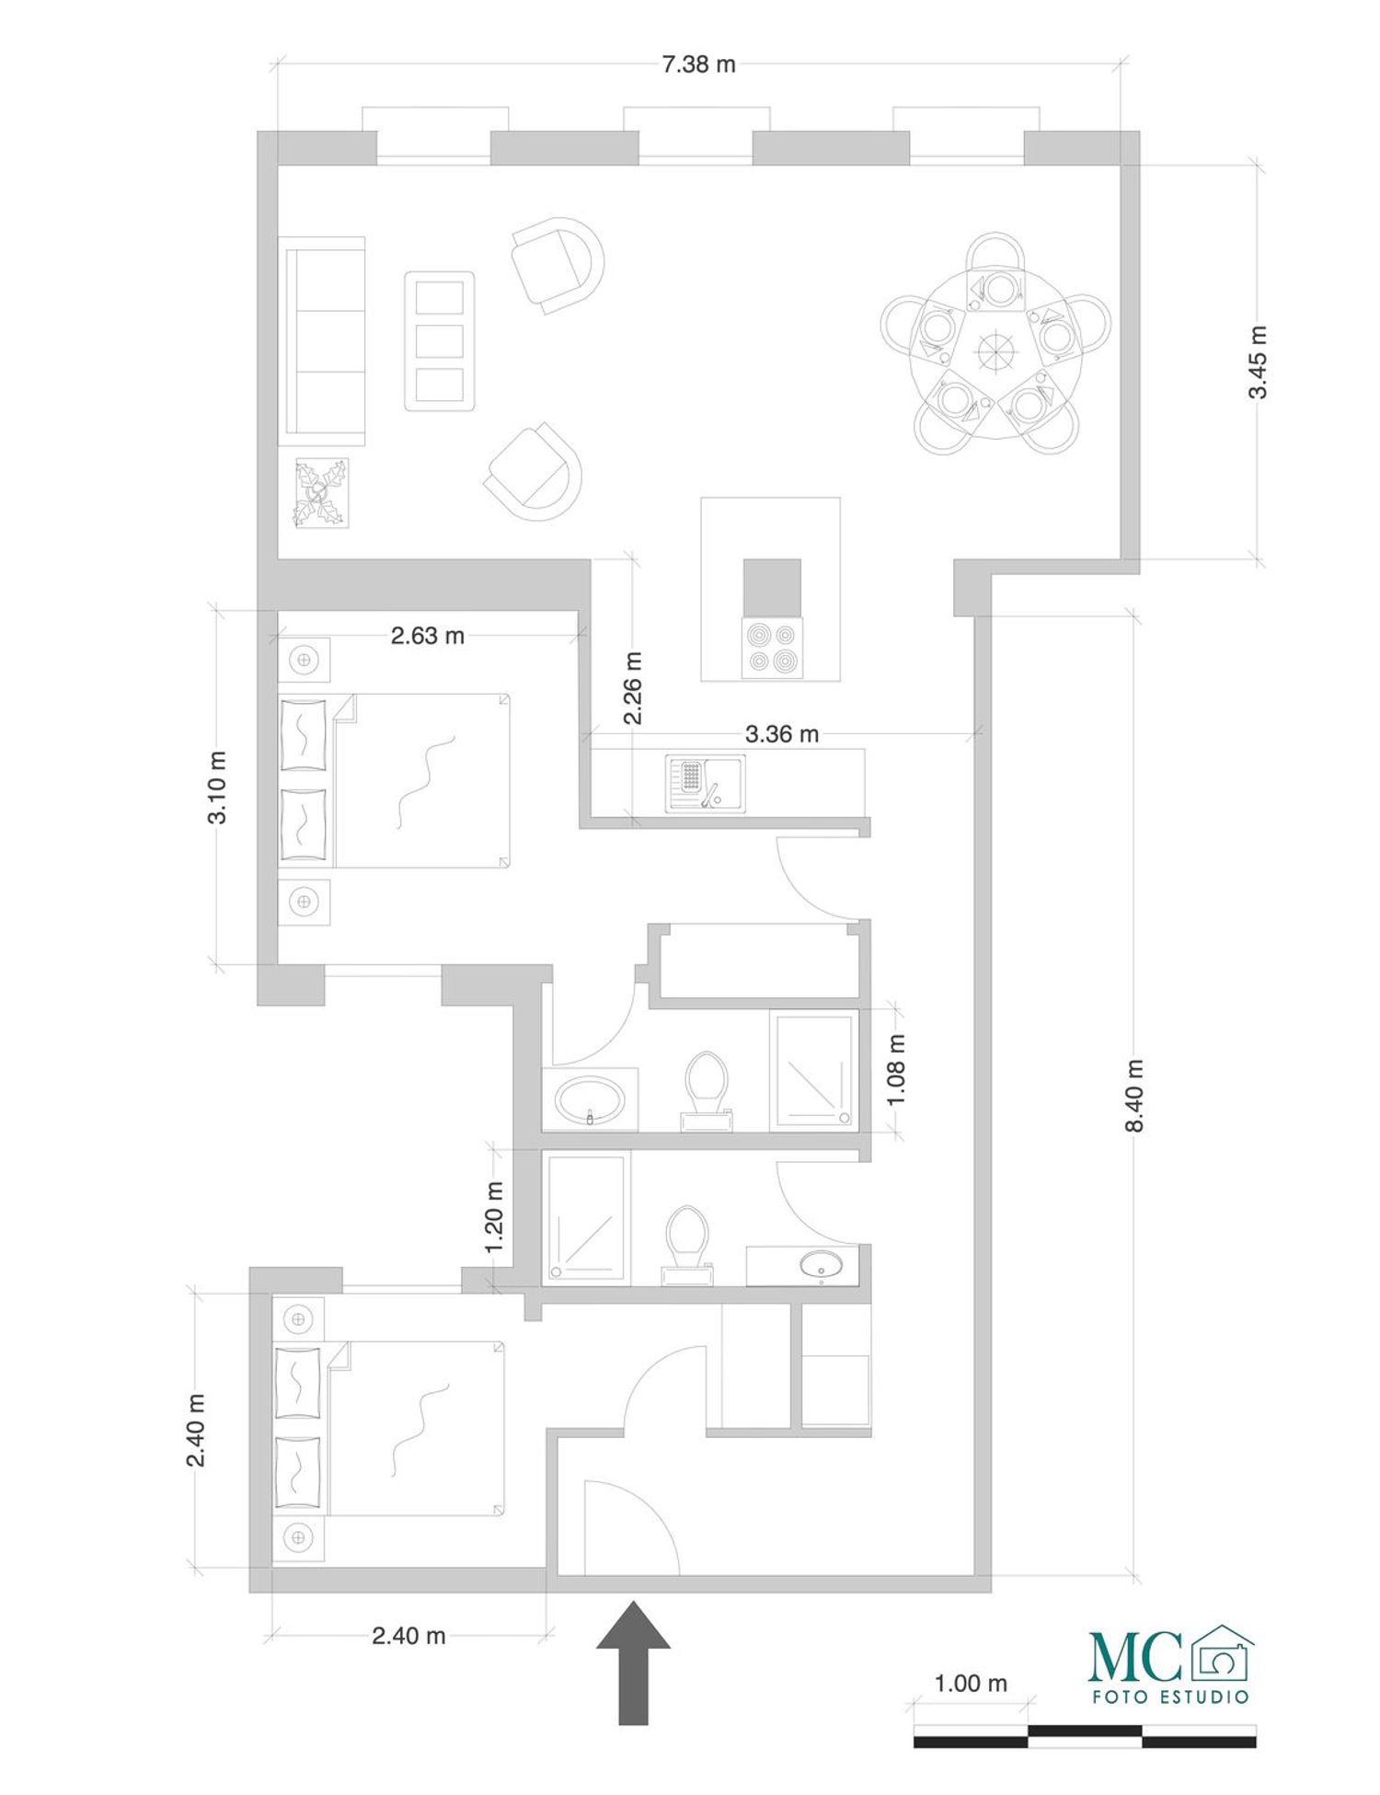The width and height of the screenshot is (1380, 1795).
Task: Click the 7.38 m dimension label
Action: (699, 64)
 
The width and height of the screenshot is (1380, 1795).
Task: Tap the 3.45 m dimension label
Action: (1258, 362)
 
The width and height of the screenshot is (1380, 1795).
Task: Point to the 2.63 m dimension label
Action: (428, 636)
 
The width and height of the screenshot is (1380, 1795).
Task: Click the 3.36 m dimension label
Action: (782, 734)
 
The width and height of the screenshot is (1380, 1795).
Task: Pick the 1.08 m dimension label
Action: (897, 1069)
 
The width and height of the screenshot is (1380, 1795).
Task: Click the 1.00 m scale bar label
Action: (971, 1684)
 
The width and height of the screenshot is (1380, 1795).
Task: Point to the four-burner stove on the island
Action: (772, 648)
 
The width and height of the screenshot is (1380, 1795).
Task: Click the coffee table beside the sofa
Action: (440, 341)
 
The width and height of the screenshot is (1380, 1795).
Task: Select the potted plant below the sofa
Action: (321, 494)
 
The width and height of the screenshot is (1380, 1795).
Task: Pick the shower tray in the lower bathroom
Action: (586, 1217)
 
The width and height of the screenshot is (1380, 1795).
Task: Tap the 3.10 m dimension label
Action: (218, 788)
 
